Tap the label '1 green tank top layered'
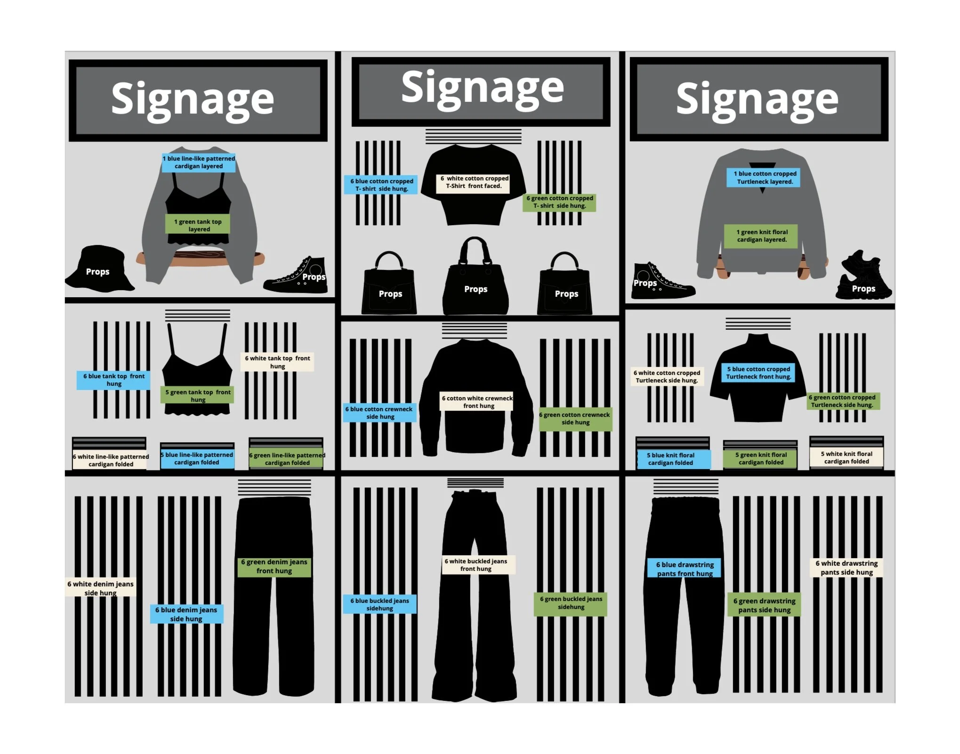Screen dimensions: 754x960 pyautogui.click(x=198, y=225)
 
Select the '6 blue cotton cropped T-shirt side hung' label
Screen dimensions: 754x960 pyautogui.click(x=381, y=185)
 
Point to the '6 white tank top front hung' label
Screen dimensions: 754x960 pyautogui.click(x=277, y=362)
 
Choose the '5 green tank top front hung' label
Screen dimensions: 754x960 pyautogui.click(x=198, y=396)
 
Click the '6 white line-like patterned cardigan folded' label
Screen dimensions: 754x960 pyautogui.click(x=111, y=460)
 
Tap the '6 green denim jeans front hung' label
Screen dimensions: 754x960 pyautogui.click(x=274, y=566)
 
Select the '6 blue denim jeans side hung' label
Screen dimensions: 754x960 pyautogui.click(x=186, y=614)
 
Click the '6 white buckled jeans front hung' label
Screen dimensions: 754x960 pyautogui.click(x=476, y=565)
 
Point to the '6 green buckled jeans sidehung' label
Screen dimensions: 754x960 pyautogui.click(x=571, y=603)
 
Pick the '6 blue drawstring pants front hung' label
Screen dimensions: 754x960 pyautogui.click(x=685, y=568)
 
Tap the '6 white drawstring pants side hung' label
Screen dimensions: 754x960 pyautogui.click(x=847, y=568)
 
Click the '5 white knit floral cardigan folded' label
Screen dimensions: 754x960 pyautogui.click(x=847, y=458)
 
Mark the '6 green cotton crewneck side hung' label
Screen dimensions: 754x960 pyautogui.click(x=575, y=419)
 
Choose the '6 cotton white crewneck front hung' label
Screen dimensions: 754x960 pyautogui.click(x=477, y=402)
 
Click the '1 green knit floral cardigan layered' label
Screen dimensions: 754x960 pyautogui.click(x=761, y=235)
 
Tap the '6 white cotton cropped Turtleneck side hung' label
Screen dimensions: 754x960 pyautogui.click(x=667, y=376)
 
